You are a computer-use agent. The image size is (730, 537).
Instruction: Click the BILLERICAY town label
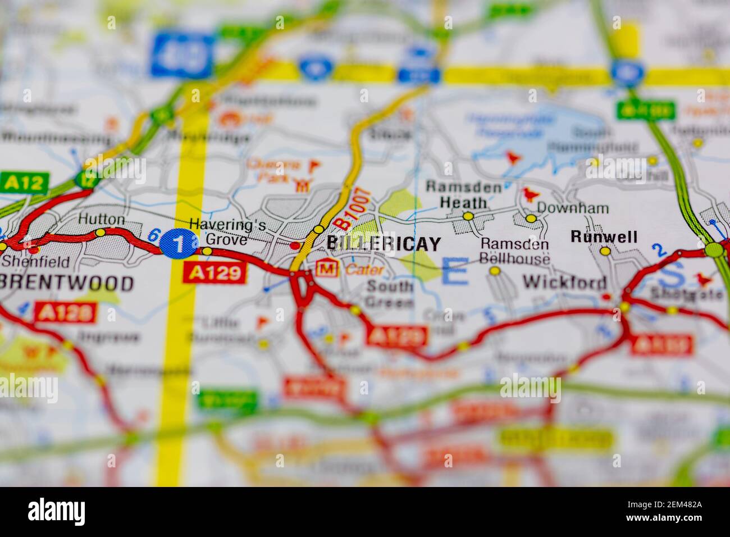click(384, 244)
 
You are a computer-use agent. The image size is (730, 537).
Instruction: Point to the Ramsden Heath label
click(463, 194)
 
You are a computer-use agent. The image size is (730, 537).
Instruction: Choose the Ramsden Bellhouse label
click(514, 252)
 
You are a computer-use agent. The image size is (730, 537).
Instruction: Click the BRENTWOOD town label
click(67, 283)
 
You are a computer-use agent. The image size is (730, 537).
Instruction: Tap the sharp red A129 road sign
click(215, 272)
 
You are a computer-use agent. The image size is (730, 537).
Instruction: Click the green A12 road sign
click(24, 182)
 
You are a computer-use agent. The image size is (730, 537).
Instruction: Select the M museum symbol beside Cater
click(325, 268)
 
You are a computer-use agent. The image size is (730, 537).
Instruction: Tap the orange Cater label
click(364, 270)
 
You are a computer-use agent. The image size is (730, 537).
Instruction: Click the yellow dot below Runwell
click(605, 252)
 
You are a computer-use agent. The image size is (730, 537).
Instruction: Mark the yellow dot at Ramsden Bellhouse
click(495, 271)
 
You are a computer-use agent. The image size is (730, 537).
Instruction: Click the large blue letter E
click(454, 272)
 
